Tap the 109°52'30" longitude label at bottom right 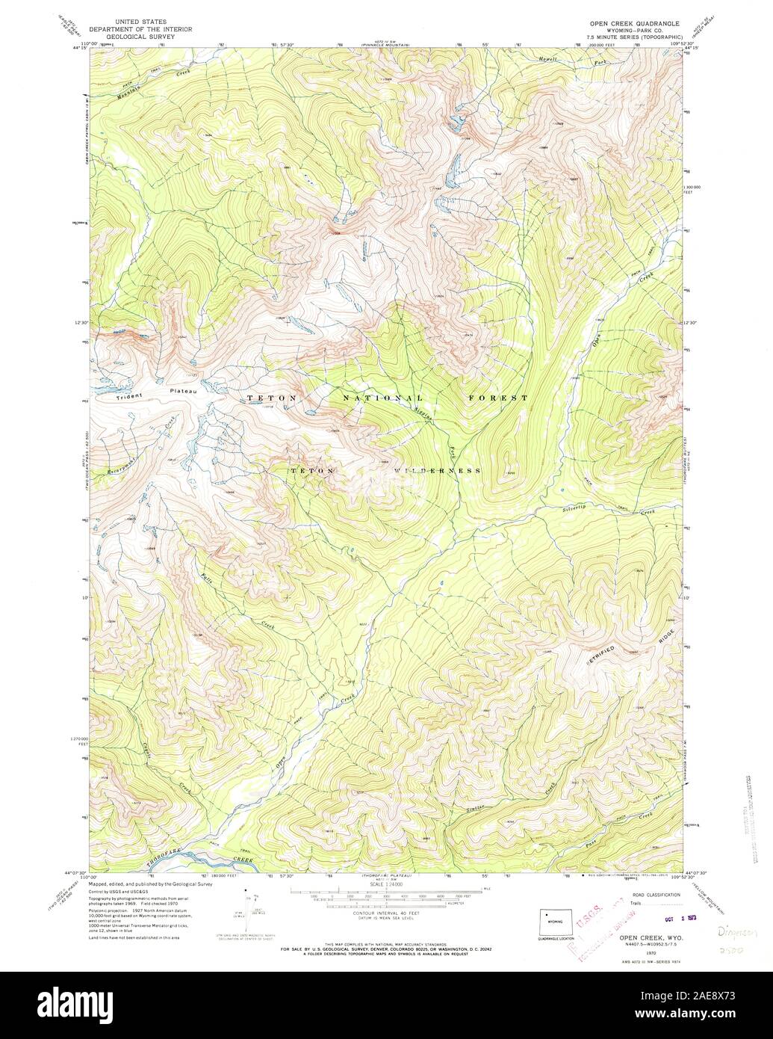[x=701, y=872]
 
